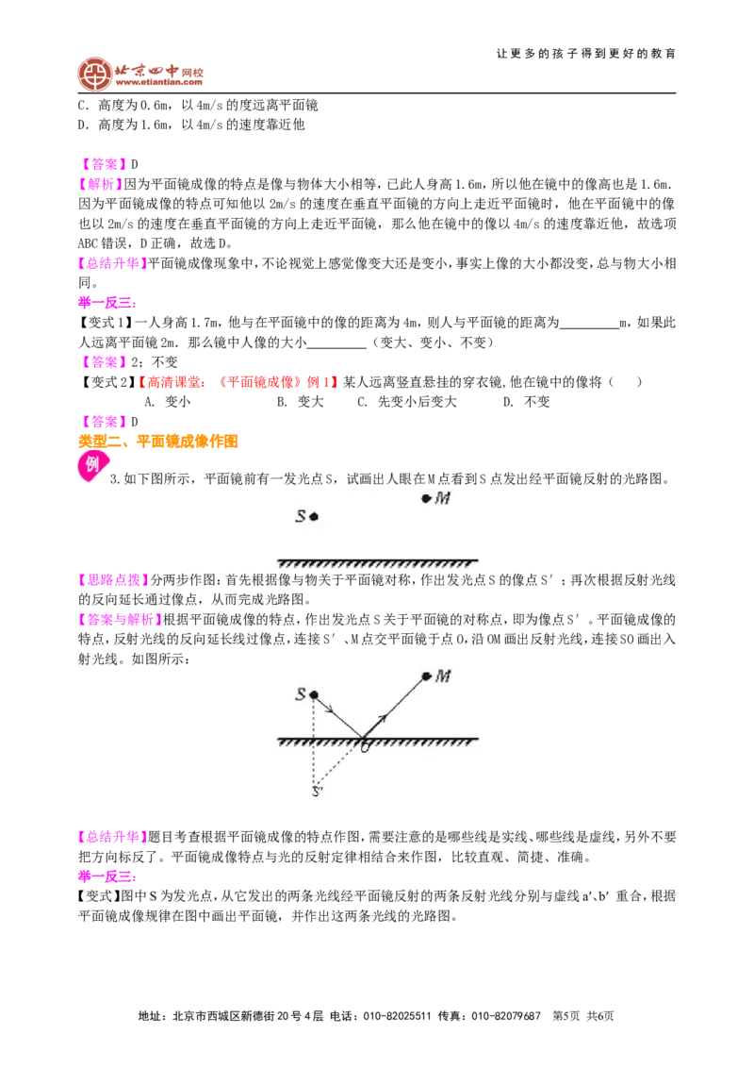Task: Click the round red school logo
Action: pyautogui.click(x=94, y=74)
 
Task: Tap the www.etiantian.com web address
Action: pyautogui.click(x=158, y=83)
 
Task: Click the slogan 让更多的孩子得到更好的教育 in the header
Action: pyautogui.click(x=586, y=53)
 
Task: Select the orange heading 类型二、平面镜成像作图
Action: pyautogui.click(x=158, y=442)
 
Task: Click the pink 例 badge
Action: pyautogui.click(x=91, y=466)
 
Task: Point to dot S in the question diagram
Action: pyautogui.click(x=314, y=516)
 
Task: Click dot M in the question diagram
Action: pyautogui.click(x=426, y=498)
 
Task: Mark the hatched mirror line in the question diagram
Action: pyautogui.click(x=377, y=563)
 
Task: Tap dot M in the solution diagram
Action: pyautogui.click(x=426, y=676)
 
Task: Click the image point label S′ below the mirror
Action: pyautogui.click(x=317, y=792)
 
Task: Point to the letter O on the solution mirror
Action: pyautogui.click(x=365, y=747)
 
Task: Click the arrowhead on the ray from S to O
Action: pyautogui.click(x=329, y=709)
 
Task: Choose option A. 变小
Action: pyautogui.click(x=168, y=402)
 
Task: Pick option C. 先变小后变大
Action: pyautogui.click(x=407, y=402)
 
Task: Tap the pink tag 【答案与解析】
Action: pyautogui.click(x=120, y=619)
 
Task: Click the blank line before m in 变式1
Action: pyautogui.click(x=589, y=327)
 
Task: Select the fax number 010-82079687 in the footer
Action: pyautogui.click(x=506, y=1016)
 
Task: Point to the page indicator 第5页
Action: pyautogui.click(x=566, y=1016)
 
